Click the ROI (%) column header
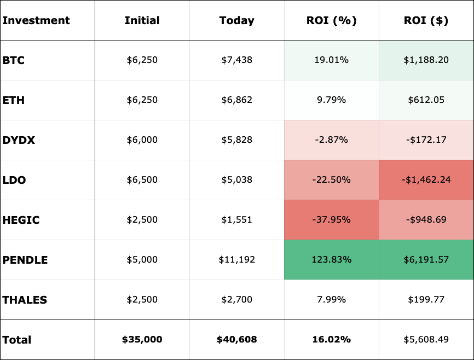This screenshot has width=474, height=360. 331,21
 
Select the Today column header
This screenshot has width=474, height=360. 236,21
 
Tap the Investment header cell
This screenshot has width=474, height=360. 36,21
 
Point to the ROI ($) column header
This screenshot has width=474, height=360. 426,21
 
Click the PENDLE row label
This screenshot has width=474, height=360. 25,260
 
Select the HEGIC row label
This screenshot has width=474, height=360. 21,220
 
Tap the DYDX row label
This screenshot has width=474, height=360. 19,140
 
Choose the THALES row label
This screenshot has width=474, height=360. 25,300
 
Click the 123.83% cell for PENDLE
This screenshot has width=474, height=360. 331,260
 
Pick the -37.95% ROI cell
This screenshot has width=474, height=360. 331,220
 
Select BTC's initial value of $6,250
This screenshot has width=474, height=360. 142,60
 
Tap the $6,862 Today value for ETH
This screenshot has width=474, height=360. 236,100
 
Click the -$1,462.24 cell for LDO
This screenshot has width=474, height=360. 426,180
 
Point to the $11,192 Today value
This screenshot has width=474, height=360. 236,260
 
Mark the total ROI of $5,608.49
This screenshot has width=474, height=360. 426,340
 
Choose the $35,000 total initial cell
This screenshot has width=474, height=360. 142,340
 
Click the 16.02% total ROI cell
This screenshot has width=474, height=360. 331,340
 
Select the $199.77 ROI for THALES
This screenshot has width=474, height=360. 426,300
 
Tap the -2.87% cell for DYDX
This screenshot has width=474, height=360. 331,140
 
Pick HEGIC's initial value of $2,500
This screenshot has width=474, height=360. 142,220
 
